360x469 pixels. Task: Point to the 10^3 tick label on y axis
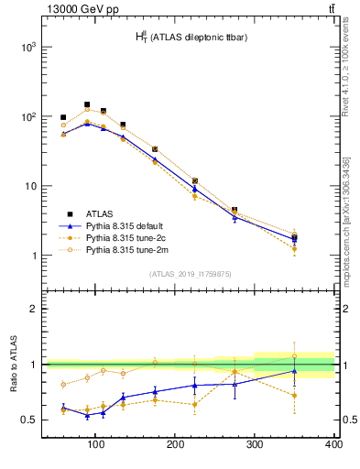pyautogui.click(x=29, y=46)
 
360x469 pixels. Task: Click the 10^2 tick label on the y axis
pyautogui.click(x=29, y=116)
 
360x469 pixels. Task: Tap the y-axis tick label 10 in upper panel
pyautogui.click(x=31, y=186)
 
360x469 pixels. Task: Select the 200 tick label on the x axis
pyautogui.click(x=175, y=444)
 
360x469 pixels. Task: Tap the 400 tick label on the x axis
pyautogui.click(x=333, y=444)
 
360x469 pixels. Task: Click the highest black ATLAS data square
pyautogui.click(x=87, y=104)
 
